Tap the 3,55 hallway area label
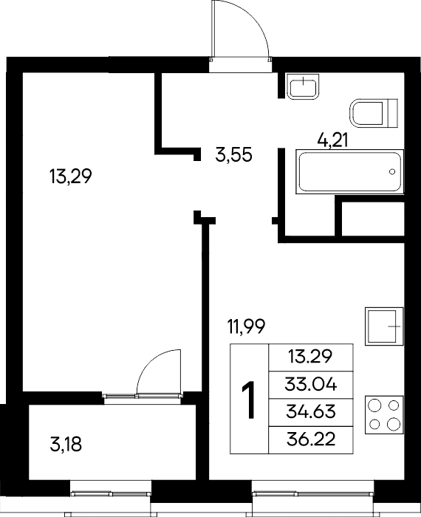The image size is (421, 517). (233, 154)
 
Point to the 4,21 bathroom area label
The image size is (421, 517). (332, 141)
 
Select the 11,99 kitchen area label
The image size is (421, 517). (246, 326)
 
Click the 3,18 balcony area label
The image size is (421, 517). (66, 444)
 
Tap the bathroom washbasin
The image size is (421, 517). (304, 86)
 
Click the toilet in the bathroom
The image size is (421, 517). (374, 113)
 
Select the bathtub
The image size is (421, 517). (350, 171)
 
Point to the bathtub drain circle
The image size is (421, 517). (392, 171)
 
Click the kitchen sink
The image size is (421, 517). (384, 326)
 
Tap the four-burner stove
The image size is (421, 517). (384, 415)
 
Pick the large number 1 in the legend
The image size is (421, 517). (249, 400)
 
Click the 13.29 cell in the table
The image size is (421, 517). (311, 357)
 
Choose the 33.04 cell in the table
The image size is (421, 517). (311, 385)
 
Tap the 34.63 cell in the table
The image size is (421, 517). (311, 412)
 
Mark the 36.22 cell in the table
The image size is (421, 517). (311, 440)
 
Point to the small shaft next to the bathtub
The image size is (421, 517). (373, 219)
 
